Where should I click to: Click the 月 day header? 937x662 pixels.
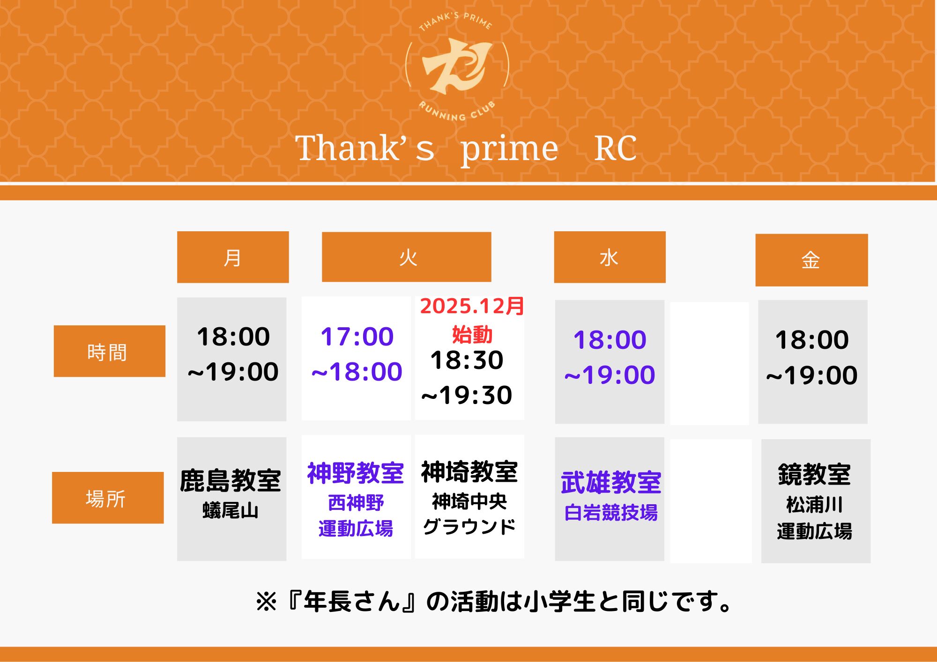(x=233, y=257)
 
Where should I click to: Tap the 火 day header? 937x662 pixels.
(x=407, y=257)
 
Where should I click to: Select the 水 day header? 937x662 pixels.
(x=610, y=257)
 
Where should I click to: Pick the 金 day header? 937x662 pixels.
(x=811, y=260)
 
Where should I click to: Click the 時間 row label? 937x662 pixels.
(x=110, y=351)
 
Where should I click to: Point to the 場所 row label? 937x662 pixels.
(x=108, y=498)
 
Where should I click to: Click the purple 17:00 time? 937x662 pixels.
(x=357, y=336)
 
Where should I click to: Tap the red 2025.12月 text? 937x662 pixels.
(x=472, y=306)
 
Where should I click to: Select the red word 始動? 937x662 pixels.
(x=472, y=335)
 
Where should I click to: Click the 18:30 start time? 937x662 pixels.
(x=467, y=360)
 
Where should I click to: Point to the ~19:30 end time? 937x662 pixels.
(x=467, y=395)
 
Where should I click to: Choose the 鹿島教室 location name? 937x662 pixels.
(x=231, y=481)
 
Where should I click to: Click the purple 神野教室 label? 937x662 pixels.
(x=356, y=473)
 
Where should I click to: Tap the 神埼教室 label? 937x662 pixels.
(x=469, y=471)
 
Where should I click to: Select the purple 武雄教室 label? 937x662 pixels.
(x=611, y=482)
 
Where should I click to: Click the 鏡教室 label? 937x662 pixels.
(x=815, y=474)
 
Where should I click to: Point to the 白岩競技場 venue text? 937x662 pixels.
(x=611, y=513)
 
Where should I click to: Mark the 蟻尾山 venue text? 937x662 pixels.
(x=231, y=510)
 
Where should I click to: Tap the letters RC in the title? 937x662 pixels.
(x=616, y=148)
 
